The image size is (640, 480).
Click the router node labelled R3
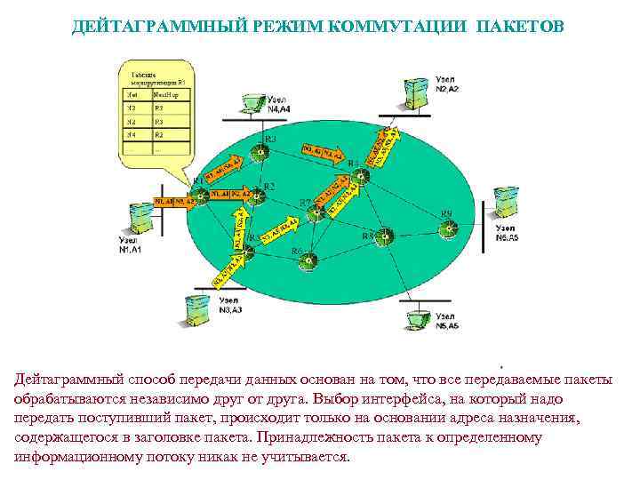click(x=259, y=153)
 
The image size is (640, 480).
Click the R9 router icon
click(x=448, y=226)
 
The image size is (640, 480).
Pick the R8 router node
click(x=383, y=236)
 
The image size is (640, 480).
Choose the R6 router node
click(x=308, y=260)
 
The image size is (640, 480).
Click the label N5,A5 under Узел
click(x=447, y=326)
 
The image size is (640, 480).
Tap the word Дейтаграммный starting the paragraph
click(x=67, y=380)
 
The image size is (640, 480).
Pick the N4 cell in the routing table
click(x=132, y=136)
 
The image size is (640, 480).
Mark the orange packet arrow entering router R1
click(x=174, y=201)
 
